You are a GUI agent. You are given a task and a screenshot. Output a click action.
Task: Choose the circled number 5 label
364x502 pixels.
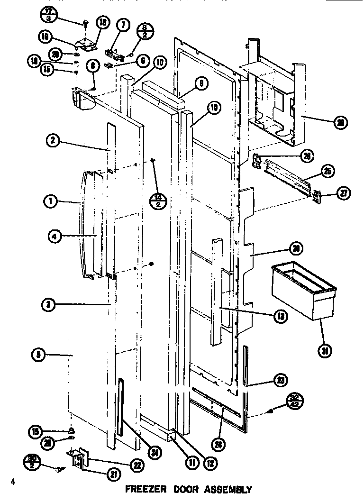click(39, 353)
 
